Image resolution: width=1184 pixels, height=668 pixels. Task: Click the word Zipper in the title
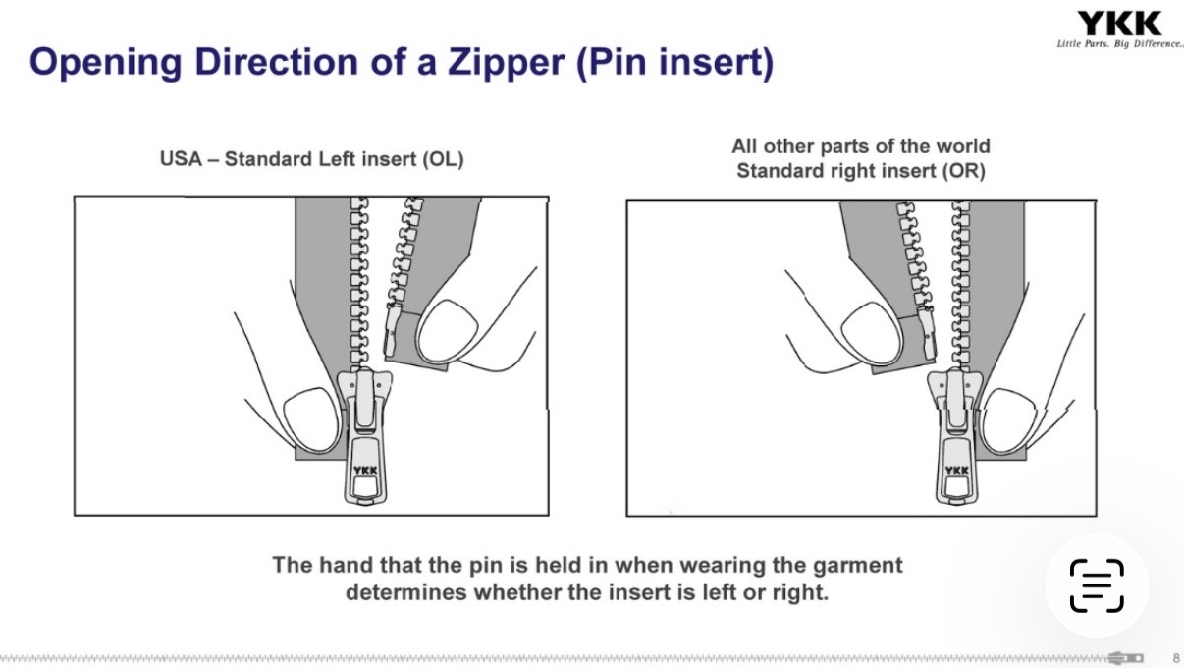[507, 62]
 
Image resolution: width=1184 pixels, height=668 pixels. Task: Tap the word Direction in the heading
[277, 62]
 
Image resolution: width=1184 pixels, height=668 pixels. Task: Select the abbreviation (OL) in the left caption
[443, 159]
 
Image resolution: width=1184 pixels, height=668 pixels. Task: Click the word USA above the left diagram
[181, 159]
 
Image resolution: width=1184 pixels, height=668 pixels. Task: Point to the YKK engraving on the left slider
[365, 471]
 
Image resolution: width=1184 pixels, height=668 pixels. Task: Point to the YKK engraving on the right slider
[956, 471]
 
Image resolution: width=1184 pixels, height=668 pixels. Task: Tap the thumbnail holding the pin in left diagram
[447, 332]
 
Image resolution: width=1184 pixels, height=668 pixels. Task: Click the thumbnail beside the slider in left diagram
[312, 419]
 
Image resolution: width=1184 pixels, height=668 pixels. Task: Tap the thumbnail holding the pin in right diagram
[871, 333]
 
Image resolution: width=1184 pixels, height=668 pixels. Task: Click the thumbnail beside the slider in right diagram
[1008, 421]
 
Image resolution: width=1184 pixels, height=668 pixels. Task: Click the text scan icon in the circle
[1097, 585]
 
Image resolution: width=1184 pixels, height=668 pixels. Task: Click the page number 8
[1176, 658]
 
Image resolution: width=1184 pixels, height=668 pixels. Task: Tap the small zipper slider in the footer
[1126, 658]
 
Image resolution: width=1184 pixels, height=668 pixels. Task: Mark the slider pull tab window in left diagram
[365, 486]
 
